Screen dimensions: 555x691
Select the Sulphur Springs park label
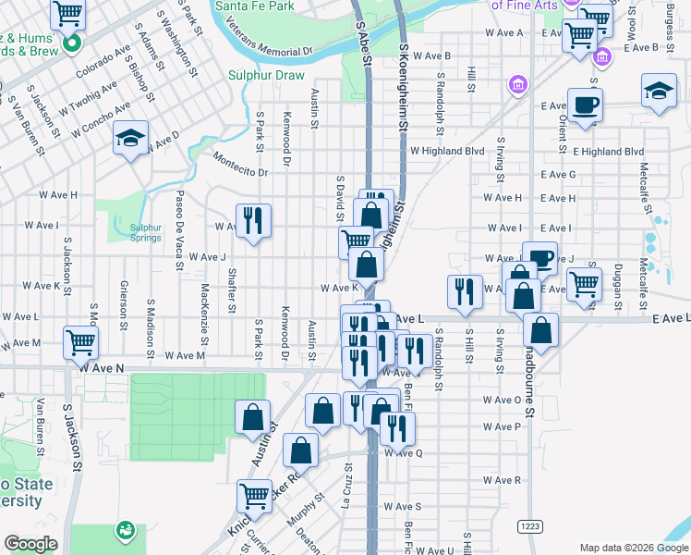click(145, 232)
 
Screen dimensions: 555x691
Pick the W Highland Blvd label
click(447, 151)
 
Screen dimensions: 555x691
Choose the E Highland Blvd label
click(608, 151)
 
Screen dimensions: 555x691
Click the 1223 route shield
click(529, 526)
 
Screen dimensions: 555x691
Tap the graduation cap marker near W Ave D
click(131, 139)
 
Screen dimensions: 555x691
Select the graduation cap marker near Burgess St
click(659, 91)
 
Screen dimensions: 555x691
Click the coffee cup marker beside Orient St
click(585, 105)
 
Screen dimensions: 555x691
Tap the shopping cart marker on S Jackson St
click(80, 342)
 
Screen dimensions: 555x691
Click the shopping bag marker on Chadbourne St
click(540, 329)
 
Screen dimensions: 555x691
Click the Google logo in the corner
click(30, 544)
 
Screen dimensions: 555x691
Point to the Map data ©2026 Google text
click(634, 548)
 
